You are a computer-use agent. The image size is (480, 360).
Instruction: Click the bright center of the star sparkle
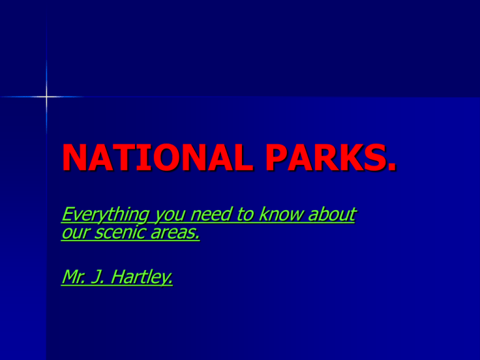[46, 97]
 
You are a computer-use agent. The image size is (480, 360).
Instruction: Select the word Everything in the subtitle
[100, 216]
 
